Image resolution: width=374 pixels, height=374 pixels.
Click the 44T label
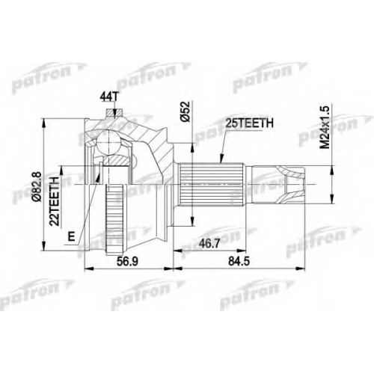108,97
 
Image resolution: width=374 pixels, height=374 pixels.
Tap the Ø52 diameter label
186,111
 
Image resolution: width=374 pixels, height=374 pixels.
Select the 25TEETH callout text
249,123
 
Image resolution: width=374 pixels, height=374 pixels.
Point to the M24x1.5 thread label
325,127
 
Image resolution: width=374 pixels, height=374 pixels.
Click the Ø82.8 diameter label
37,186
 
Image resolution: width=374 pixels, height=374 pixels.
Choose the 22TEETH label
55,201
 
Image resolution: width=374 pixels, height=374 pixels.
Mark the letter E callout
72,236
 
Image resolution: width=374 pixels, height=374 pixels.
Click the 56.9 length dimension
128,262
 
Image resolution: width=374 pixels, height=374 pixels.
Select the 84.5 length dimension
239,262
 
